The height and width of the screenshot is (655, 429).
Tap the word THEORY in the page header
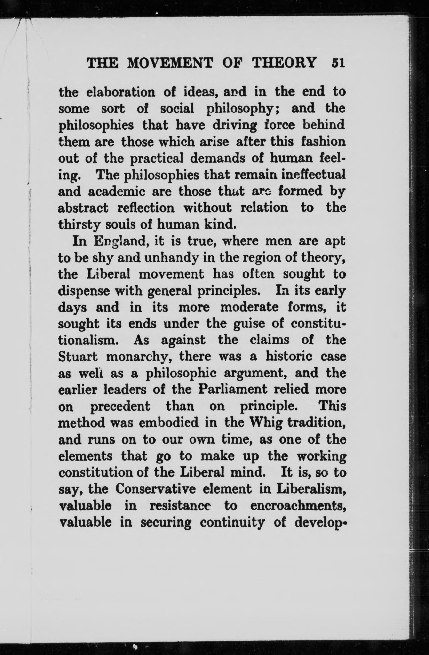[x=284, y=63]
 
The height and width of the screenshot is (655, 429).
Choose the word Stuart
[x=78, y=357]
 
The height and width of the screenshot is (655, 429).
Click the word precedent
[x=120, y=407]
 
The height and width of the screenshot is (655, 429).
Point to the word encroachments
[x=298, y=506]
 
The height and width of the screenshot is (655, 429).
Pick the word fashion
[x=323, y=142]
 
